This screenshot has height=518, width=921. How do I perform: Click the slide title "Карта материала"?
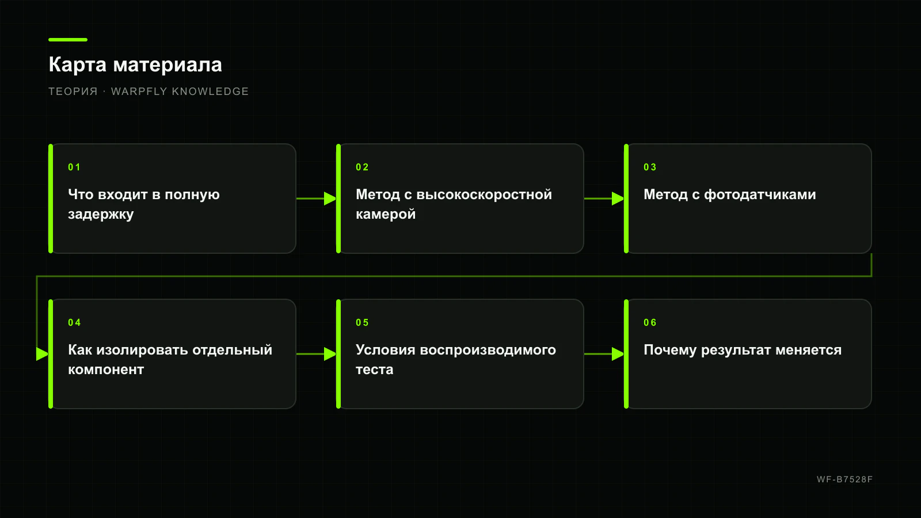(135, 64)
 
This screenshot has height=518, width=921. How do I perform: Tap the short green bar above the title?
(68, 40)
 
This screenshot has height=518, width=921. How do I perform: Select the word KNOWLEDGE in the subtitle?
(210, 92)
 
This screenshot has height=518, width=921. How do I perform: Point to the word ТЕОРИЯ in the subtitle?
(73, 92)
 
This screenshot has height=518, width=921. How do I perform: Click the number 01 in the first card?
(74, 167)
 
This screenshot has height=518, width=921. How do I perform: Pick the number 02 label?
(362, 167)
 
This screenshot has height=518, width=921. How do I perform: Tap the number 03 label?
(650, 167)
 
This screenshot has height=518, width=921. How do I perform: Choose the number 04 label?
(74, 323)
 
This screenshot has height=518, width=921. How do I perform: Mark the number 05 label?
(362, 323)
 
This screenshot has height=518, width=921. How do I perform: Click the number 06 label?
(650, 323)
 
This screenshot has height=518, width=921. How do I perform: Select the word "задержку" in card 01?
(101, 215)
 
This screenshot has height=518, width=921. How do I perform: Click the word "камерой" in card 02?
(386, 215)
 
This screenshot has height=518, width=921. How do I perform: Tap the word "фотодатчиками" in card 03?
(760, 195)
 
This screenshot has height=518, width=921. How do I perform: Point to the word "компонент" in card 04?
(106, 370)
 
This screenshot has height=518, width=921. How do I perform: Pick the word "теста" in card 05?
(375, 370)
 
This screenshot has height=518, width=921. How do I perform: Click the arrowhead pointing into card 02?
(330, 199)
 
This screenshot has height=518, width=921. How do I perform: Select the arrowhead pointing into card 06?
(618, 354)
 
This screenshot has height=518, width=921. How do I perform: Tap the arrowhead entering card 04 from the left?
(43, 354)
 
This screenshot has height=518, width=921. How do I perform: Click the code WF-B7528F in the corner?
(844, 479)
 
